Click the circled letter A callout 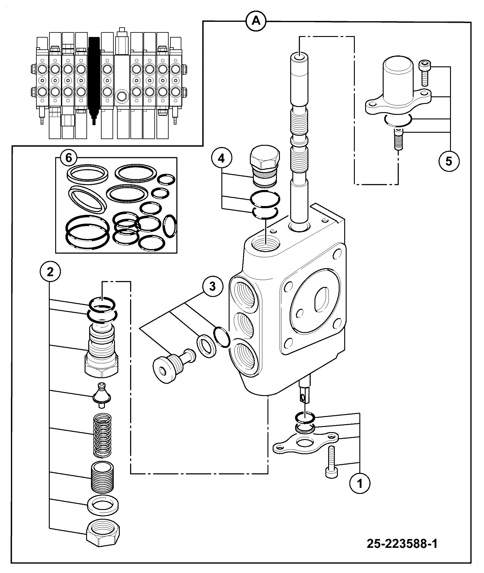click(x=256, y=21)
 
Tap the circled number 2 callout click(x=50, y=272)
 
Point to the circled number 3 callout click(x=212, y=286)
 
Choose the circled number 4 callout click(x=222, y=158)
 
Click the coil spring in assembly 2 click(x=102, y=436)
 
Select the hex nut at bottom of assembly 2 click(x=103, y=538)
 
